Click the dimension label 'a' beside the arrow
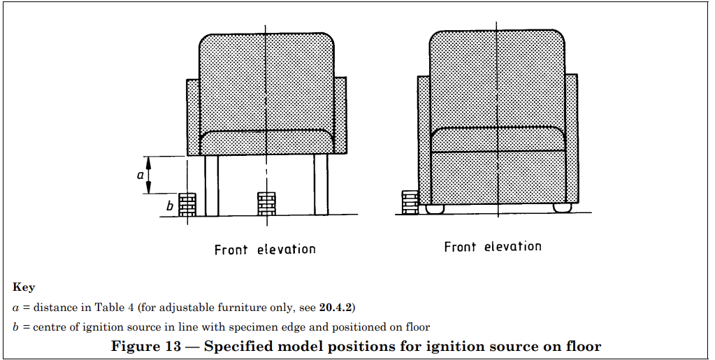(140, 175)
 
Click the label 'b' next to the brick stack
(170, 206)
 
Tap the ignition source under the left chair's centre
(266, 203)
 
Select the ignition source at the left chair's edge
(187, 204)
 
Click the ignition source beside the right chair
(410, 202)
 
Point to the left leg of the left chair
(212, 185)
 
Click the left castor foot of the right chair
(435, 208)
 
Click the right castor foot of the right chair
(562, 208)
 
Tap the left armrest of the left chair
(194, 117)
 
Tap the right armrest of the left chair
(340, 115)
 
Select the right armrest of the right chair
(571, 138)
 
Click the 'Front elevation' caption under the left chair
(265, 250)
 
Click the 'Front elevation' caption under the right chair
(493, 247)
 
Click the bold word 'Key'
(24, 287)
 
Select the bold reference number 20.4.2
(335, 308)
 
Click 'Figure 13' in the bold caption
(146, 346)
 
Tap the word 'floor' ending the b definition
(417, 327)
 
